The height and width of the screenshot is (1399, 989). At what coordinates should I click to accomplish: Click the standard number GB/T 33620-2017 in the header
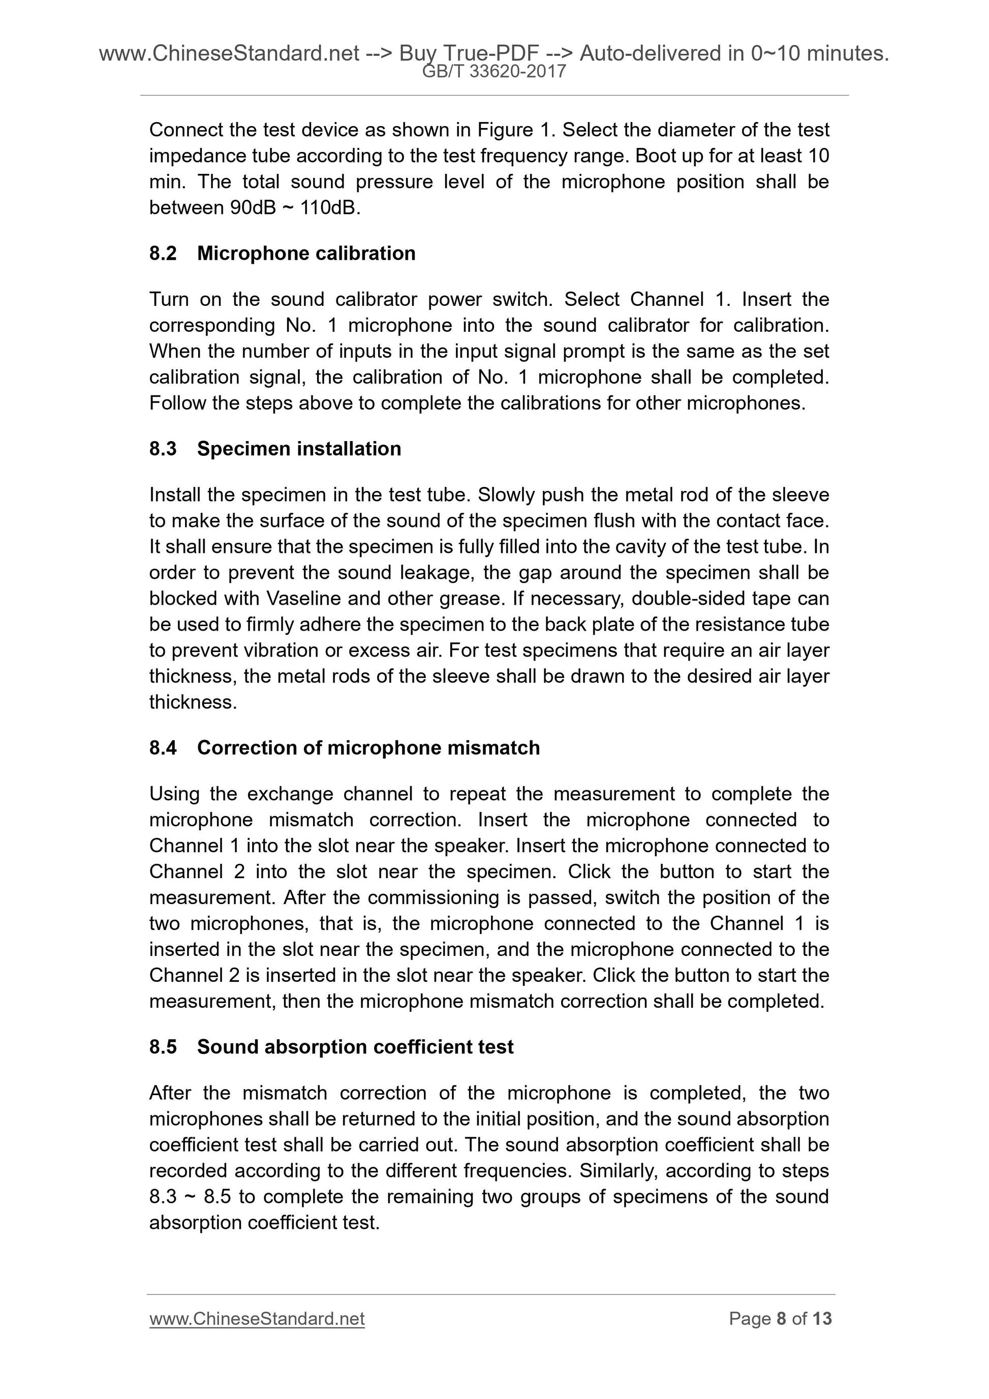point(494,72)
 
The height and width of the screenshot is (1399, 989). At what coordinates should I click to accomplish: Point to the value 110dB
point(330,208)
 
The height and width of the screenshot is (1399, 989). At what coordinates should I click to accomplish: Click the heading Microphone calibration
point(306,253)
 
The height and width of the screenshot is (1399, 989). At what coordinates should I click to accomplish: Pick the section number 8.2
point(163,253)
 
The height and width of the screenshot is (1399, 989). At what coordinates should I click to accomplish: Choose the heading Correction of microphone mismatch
point(368,748)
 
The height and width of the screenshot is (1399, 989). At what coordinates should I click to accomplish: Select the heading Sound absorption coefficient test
point(355,1046)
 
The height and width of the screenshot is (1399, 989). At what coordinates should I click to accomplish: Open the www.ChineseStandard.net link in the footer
point(257,1319)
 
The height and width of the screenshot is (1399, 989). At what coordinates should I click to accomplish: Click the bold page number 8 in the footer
point(781,1319)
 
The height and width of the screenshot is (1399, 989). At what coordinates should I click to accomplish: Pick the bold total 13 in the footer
point(822,1319)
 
